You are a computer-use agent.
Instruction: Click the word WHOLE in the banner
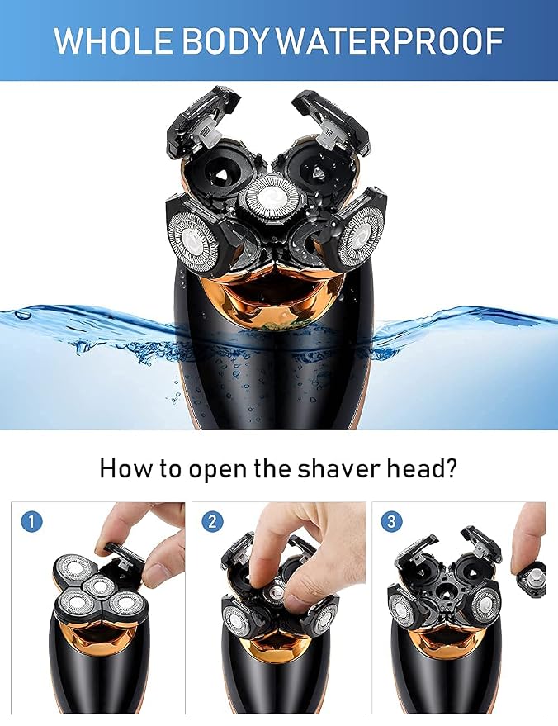[x=113, y=40]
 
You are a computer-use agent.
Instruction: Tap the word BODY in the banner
[x=225, y=40]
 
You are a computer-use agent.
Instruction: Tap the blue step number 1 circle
[x=31, y=522]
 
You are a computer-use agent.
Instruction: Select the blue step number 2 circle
[x=212, y=522]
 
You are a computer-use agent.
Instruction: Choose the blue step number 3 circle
[x=391, y=521]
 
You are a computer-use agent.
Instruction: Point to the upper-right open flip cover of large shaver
[x=331, y=121]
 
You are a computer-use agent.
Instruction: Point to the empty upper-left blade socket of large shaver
[x=221, y=169]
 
